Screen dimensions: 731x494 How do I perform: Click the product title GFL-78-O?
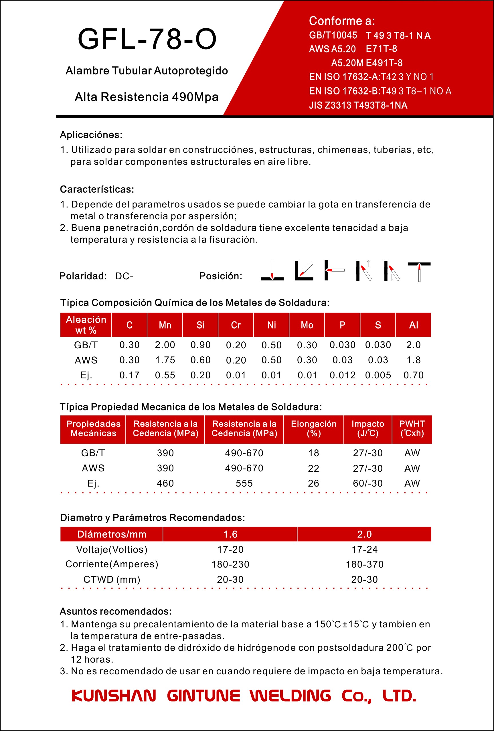tap(147, 39)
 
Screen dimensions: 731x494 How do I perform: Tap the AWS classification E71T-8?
tap(381, 49)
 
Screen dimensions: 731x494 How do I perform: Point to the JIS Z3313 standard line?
tap(358, 105)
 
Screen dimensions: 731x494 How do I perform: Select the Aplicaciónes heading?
tap(91, 135)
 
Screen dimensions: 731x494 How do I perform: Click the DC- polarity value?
tap(124, 276)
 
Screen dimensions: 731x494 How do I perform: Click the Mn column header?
tap(165, 325)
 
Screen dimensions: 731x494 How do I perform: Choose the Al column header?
tap(413, 325)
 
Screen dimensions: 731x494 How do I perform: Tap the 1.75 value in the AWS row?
tap(165, 360)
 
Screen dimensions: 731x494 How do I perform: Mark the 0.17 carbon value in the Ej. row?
tap(129, 375)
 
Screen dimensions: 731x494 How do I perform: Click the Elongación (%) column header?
tap(313, 428)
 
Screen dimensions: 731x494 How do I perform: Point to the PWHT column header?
tap(412, 428)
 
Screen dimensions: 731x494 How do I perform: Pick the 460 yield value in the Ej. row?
tap(165, 483)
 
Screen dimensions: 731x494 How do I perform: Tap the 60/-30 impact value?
tap(367, 483)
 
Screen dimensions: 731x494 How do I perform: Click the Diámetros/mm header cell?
tap(112, 534)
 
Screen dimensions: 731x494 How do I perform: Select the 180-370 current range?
tap(364, 564)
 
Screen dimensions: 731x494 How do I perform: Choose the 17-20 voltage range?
tap(230, 549)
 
